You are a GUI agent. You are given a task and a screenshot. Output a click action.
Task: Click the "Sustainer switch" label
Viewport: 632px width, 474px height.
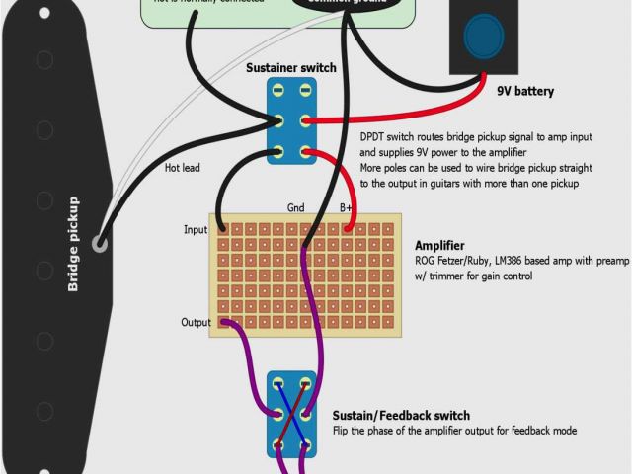click(x=290, y=68)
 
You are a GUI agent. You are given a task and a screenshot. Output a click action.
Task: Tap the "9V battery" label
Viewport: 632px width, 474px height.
click(x=524, y=92)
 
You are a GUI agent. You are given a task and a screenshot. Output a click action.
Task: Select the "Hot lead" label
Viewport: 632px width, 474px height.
click(x=183, y=168)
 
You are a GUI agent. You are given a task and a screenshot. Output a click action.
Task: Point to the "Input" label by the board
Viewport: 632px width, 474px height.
click(x=196, y=230)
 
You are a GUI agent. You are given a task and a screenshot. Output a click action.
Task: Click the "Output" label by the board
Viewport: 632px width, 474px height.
click(x=195, y=322)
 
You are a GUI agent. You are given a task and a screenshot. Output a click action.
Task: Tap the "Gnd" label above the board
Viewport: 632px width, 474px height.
click(x=295, y=207)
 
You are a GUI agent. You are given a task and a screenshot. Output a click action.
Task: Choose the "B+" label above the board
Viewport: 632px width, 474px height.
click(x=347, y=207)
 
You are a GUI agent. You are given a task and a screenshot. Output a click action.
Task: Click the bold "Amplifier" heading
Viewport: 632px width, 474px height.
click(x=440, y=245)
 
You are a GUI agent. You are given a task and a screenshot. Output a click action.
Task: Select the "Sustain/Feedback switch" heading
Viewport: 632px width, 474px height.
click(x=401, y=415)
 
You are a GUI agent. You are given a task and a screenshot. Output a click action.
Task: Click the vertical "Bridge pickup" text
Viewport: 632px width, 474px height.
click(x=74, y=244)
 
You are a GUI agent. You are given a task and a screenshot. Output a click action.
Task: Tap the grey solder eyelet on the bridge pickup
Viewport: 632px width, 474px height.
click(x=100, y=242)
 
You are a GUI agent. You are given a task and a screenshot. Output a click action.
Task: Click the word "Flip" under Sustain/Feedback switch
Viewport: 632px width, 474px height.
click(x=343, y=431)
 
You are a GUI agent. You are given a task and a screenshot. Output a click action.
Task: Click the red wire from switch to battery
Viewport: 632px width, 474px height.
click(x=395, y=114)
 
